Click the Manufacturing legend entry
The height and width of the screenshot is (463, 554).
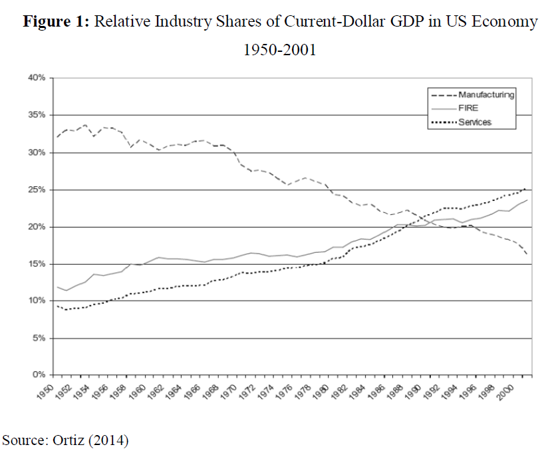486,95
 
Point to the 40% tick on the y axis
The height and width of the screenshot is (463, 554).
36,78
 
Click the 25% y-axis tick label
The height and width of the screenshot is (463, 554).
36,190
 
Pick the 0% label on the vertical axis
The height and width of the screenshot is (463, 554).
38,375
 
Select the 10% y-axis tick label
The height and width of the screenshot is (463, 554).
36,301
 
